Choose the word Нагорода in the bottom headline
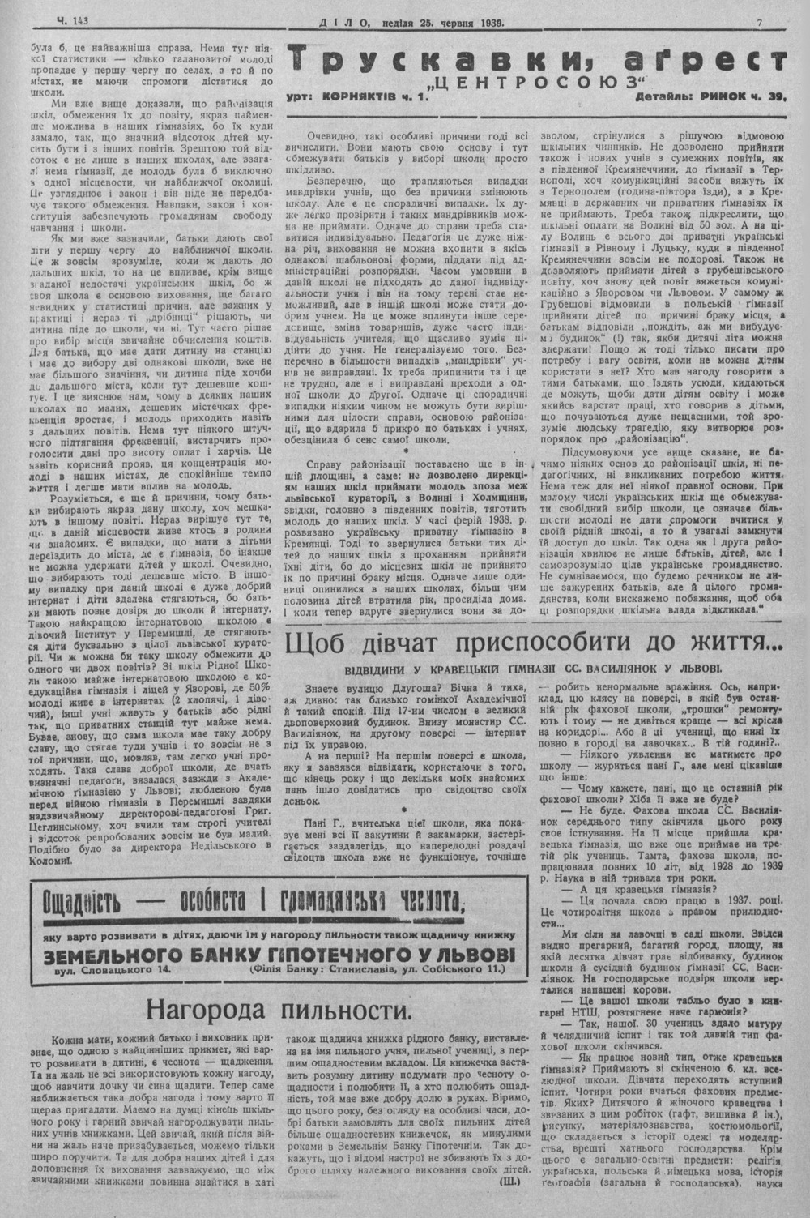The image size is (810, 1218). (x=206, y=1011)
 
